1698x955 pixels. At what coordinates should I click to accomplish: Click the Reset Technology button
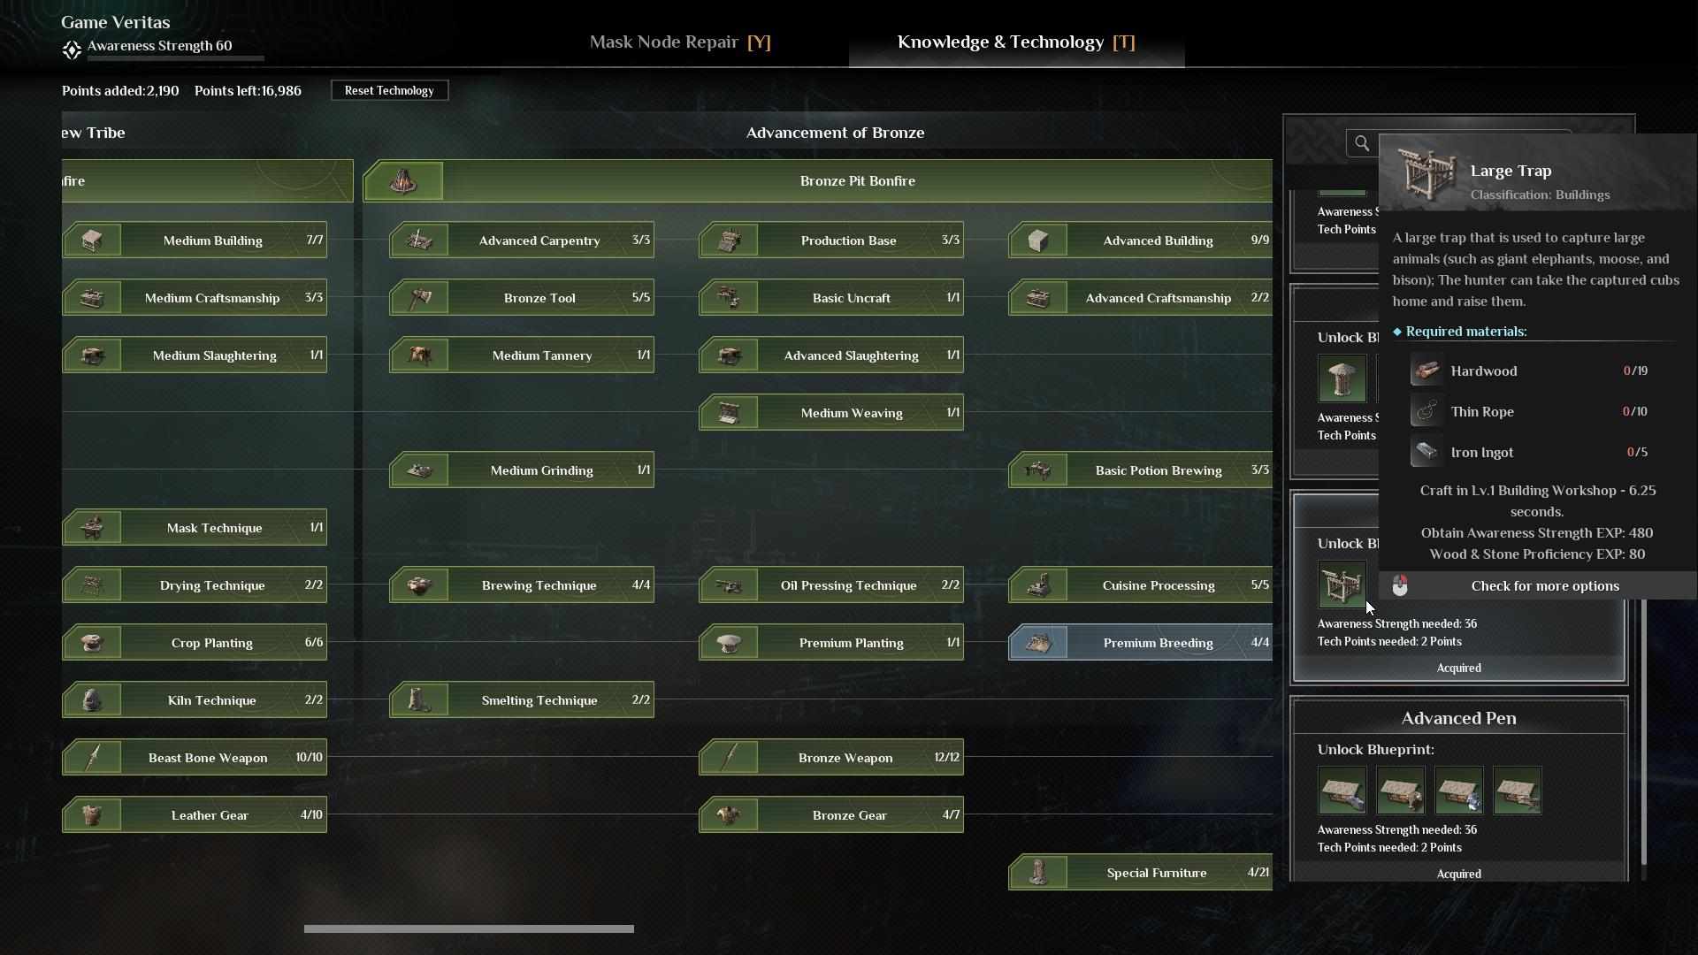[389, 90]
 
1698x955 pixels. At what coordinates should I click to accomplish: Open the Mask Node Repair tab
[680, 42]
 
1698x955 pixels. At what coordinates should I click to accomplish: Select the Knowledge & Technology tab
[1016, 42]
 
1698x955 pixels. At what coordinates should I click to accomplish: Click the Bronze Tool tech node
[522, 298]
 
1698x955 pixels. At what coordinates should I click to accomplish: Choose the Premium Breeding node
[1141, 643]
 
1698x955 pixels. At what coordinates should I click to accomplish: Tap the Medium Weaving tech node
[831, 413]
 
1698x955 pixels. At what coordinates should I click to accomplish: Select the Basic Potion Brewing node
[1141, 470]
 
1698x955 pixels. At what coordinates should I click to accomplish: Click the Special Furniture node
[1141, 873]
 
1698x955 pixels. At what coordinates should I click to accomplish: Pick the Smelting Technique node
[522, 700]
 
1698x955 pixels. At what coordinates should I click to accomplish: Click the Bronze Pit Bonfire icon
[403, 180]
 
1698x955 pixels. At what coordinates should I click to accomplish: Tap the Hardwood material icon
[1426, 371]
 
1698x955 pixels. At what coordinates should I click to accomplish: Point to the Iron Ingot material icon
[1426, 452]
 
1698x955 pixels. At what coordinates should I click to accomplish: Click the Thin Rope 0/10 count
[1635, 411]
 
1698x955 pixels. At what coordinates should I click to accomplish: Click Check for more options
[1545, 586]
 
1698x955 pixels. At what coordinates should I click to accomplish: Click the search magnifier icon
[1362, 143]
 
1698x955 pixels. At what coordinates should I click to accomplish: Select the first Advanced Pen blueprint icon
[1342, 791]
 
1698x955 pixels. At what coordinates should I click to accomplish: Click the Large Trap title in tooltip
[1511, 171]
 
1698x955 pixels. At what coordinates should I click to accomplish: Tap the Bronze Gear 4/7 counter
[951, 815]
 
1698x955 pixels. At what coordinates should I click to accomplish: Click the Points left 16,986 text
[248, 90]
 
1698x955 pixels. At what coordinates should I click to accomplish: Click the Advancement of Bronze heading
[835, 133]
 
